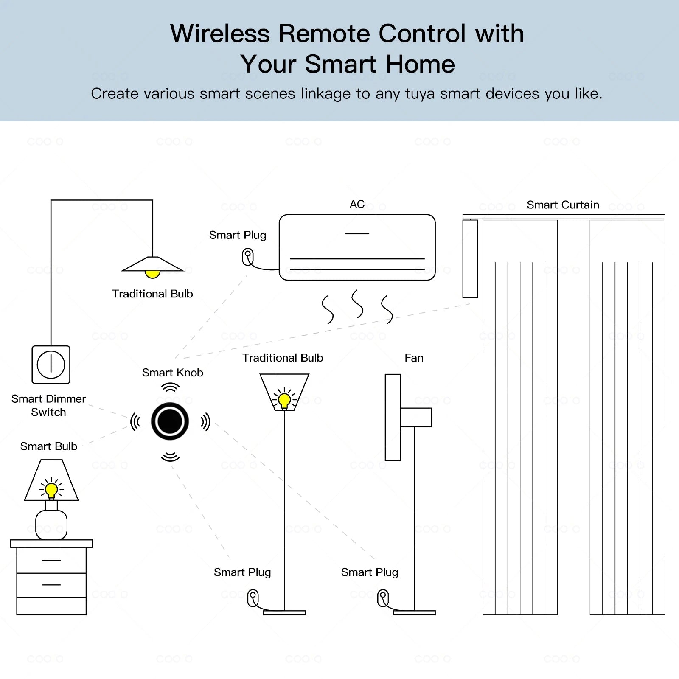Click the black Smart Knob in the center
click(170, 421)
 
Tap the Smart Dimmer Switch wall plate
click(51, 365)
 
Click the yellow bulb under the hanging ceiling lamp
click(152, 274)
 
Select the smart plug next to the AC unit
click(248, 257)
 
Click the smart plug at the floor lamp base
click(253, 598)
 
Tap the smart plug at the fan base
click(383, 598)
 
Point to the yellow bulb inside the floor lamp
click(284, 400)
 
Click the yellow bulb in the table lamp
click(51, 490)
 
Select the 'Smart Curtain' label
click(563, 205)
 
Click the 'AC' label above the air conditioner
click(357, 204)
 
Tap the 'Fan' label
click(414, 358)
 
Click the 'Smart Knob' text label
click(172, 373)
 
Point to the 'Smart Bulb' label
click(49, 446)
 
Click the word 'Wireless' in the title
click(220, 34)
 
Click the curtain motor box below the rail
click(470, 258)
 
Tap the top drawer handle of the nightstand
click(51, 561)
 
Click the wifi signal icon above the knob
click(170, 387)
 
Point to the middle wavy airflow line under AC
click(357, 304)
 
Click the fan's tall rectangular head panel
click(393, 417)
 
